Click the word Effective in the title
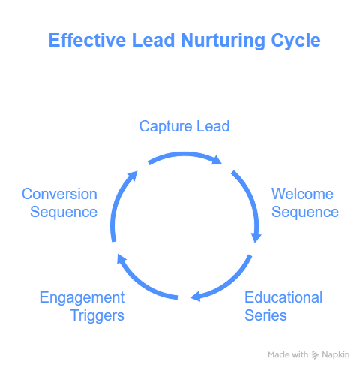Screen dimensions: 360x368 (x=87, y=40)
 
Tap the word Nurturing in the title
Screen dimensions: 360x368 (x=223, y=41)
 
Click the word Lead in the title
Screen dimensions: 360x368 (x=153, y=40)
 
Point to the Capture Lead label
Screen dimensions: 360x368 (x=184, y=126)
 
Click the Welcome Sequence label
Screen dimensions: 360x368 (x=305, y=203)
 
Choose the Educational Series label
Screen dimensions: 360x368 (x=283, y=306)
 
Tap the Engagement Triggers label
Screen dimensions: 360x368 (x=82, y=306)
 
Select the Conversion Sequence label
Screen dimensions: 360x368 (x=59, y=203)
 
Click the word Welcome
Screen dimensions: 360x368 (x=302, y=194)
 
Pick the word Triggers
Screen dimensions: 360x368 (x=97, y=316)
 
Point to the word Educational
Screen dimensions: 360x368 (x=283, y=297)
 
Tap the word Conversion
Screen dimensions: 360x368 (x=59, y=194)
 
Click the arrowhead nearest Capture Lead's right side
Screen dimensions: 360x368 (x=217, y=160)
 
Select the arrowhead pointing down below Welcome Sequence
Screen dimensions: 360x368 (x=256, y=238)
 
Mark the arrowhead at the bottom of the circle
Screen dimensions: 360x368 (x=196, y=297)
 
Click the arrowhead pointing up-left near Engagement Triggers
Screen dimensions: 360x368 (x=122, y=259)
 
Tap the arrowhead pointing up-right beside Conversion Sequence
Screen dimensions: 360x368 (x=133, y=176)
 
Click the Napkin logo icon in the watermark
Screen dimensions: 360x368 (x=315, y=355)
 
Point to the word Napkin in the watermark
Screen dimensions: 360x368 (x=335, y=355)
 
